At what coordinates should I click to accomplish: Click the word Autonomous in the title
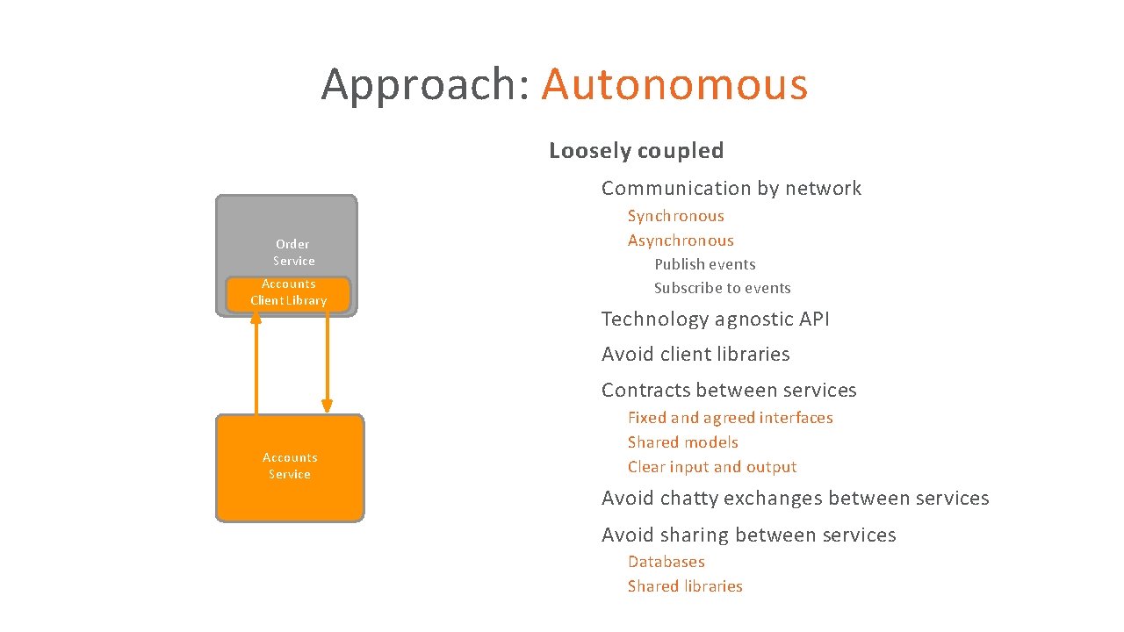(x=674, y=84)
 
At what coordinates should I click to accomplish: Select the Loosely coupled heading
(x=636, y=151)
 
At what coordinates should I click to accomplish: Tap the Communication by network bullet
(x=731, y=188)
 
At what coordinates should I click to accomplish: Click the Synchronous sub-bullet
(x=675, y=216)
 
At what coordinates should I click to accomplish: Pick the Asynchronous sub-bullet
(x=681, y=241)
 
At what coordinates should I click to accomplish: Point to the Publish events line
(x=704, y=264)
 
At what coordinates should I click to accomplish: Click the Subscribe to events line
(x=722, y=288)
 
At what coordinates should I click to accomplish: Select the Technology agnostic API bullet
(x=715, y=320)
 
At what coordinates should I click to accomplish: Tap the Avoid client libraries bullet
(x=695, y=355)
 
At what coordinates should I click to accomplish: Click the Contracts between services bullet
(x=729, y=391)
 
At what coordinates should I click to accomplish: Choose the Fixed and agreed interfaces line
(x=730, y=418)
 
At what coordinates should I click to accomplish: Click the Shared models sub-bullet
(x=682, y=442)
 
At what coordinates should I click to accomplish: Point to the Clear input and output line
(x=711, y=467)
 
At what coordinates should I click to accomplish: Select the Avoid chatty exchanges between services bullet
(x=795, y=499)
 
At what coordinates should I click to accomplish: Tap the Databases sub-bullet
(x=666, y=562)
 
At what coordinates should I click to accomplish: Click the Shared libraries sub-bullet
(x=685, y=586)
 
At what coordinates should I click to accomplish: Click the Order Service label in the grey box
(x=293, y=252)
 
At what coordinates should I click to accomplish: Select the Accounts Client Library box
(x=288, y=292)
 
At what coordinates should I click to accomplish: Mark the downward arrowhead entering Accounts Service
(x=327, y=406)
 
